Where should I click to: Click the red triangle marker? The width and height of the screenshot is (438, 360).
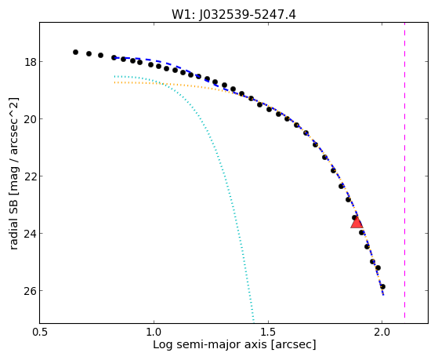point(357,223)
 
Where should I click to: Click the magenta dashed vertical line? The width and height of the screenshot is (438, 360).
point(404,170)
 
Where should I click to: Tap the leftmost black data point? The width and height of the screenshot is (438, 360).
point(75,52)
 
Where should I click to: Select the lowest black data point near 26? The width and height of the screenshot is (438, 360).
point(382,286)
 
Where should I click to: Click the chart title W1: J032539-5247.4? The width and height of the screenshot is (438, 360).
point(233,14)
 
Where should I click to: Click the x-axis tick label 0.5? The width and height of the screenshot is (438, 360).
point(40,332)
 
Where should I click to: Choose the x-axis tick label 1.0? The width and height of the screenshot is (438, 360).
point(154,332)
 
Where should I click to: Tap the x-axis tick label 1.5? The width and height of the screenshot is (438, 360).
point(268,332)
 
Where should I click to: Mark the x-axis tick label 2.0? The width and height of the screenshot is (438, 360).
point(382,332)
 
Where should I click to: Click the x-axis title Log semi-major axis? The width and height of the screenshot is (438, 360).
point(210,344)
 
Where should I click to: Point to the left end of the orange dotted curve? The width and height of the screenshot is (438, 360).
point(114,82)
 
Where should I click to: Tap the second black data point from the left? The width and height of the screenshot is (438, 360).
point(89,53)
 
